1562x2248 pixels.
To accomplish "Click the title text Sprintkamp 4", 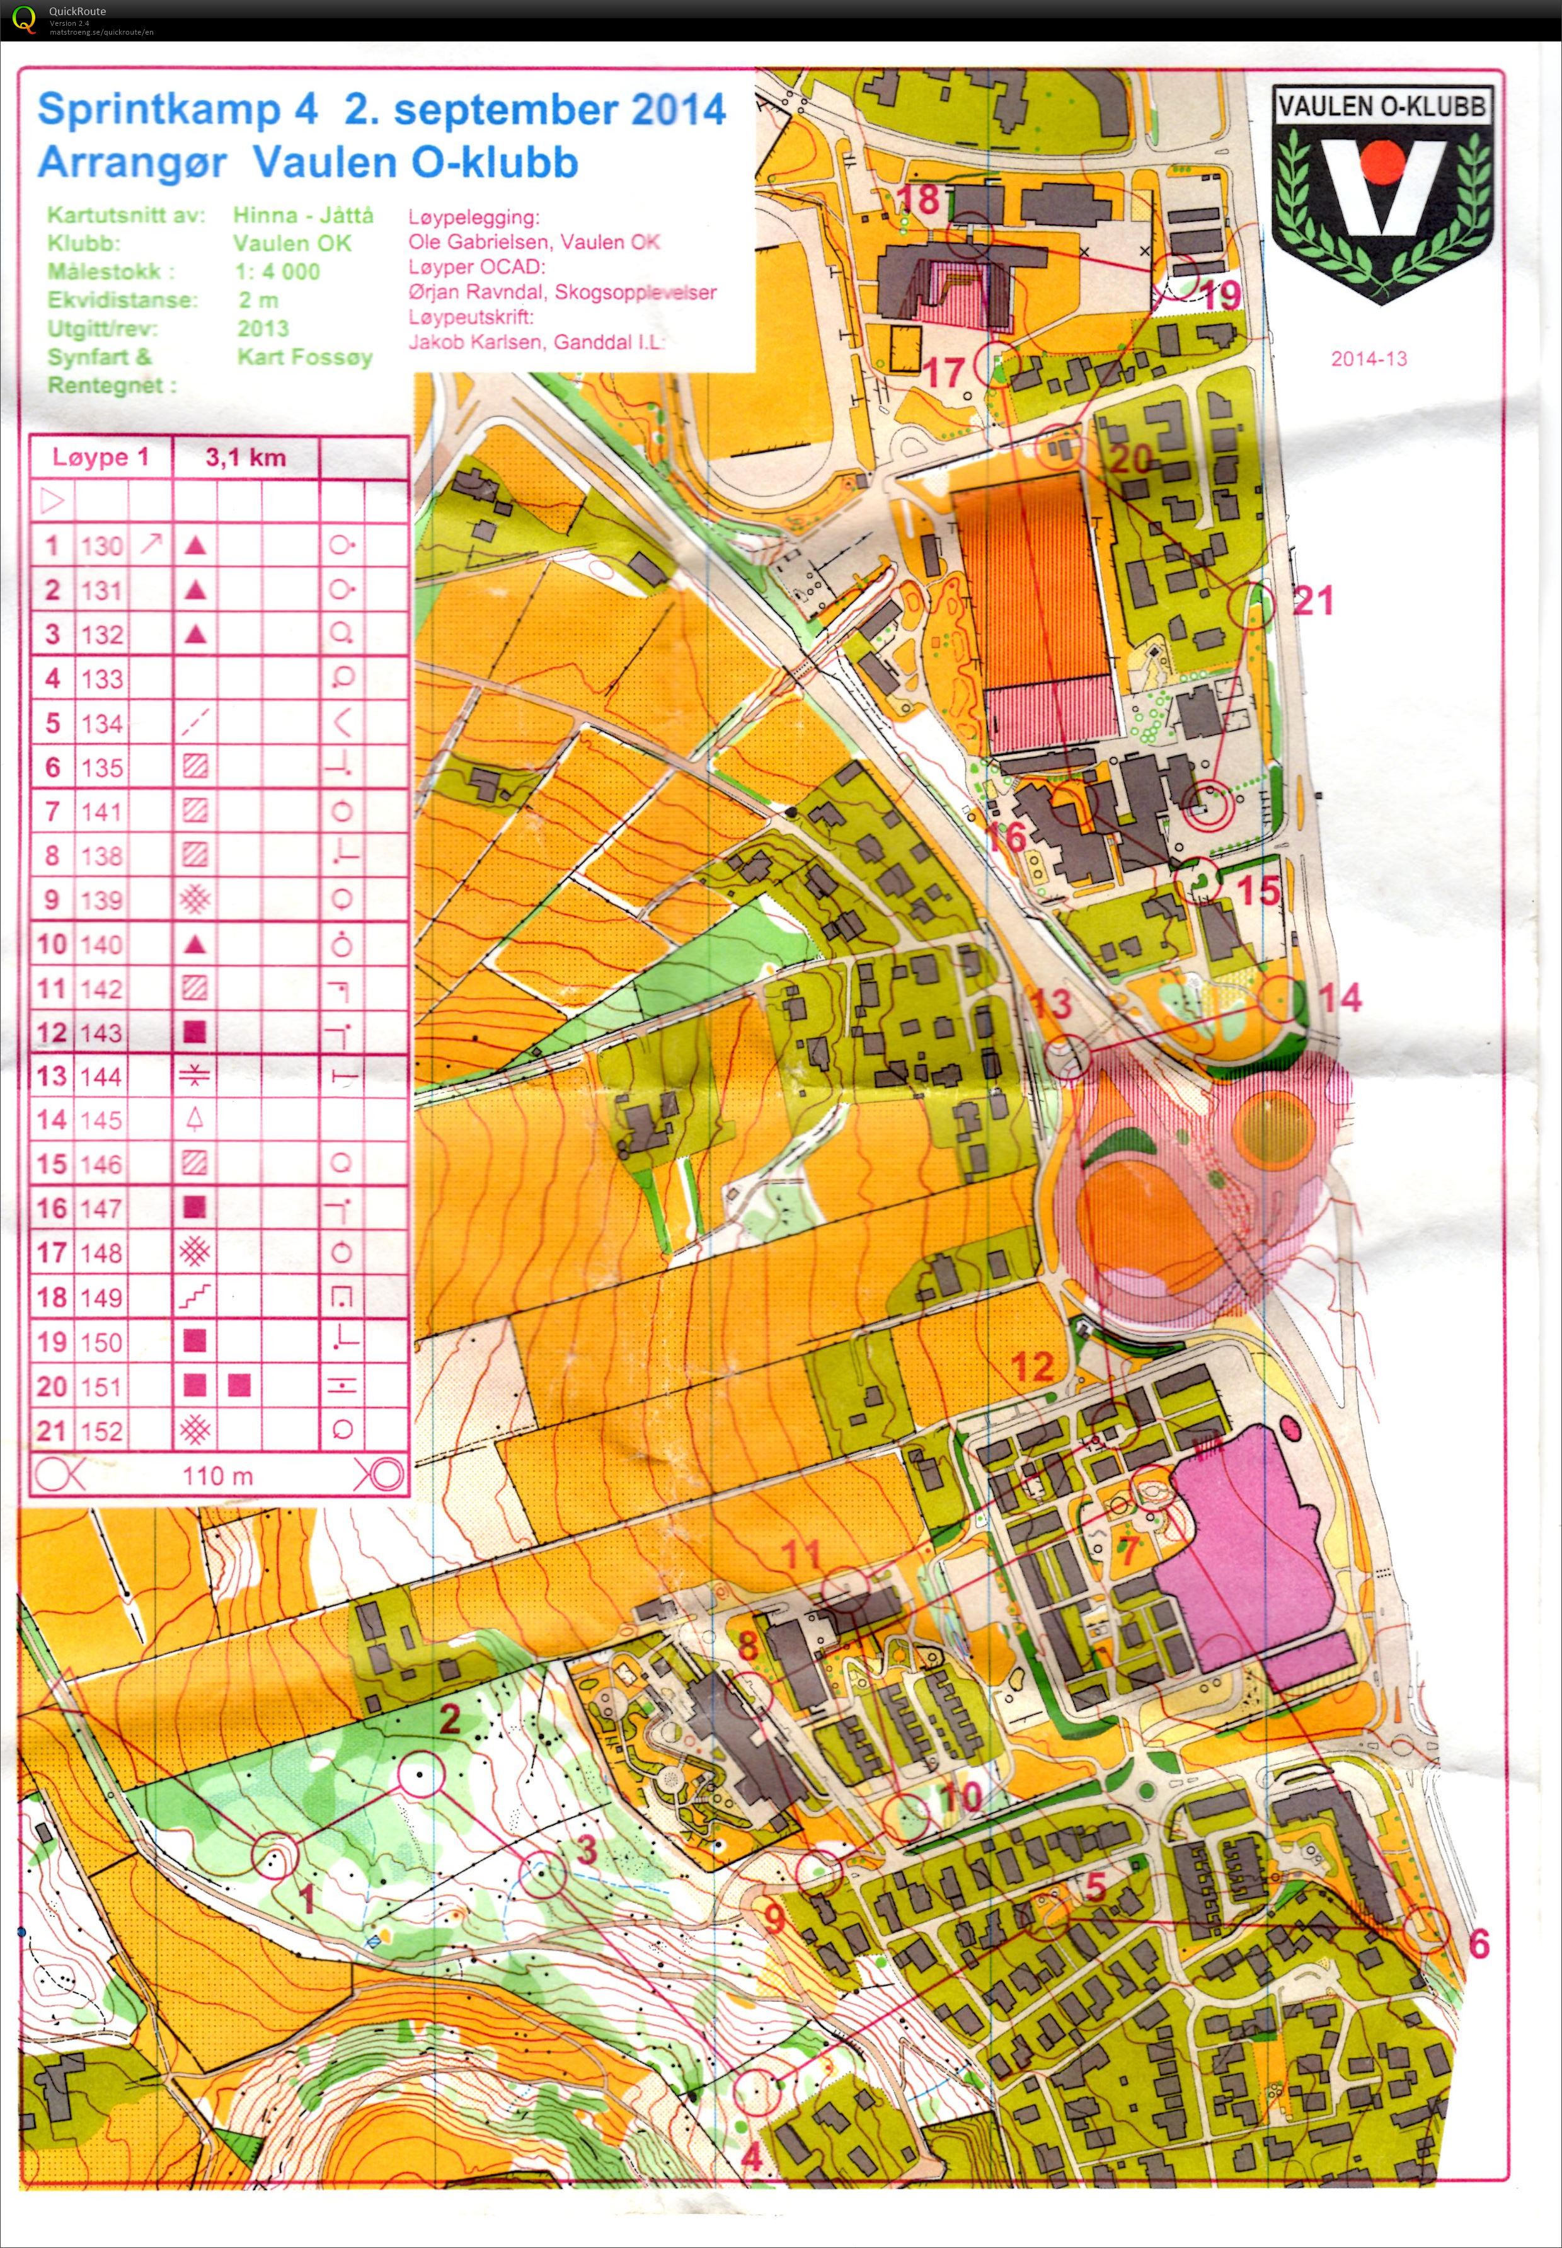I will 177,110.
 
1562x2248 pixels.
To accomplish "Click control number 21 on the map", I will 1313,600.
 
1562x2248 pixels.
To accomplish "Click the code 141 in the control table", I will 103,811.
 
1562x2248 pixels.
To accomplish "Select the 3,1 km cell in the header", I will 246,457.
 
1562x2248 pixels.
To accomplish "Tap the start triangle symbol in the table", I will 52,502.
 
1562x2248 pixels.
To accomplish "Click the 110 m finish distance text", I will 217,1476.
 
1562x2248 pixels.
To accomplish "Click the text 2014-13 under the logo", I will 1368,359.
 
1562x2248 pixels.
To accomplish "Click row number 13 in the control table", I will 51,1076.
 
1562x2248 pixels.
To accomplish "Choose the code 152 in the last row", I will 103,1431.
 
